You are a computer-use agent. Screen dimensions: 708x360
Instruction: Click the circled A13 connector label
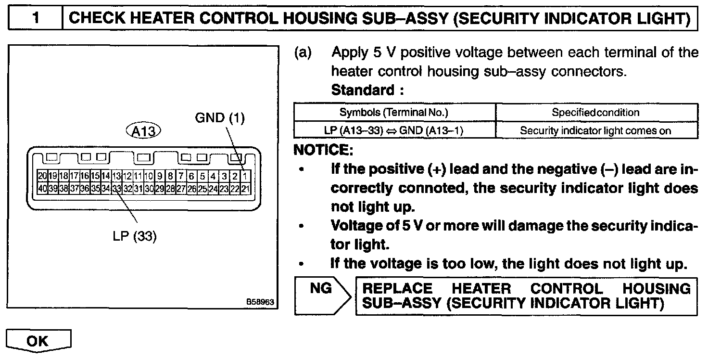click(x=143, y=131)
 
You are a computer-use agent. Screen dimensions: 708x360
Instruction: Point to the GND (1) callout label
click(x=220, y=117)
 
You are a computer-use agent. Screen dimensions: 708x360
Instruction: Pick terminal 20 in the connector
click(x=43, y=176)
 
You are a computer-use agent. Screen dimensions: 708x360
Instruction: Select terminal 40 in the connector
click(x=43, y=188)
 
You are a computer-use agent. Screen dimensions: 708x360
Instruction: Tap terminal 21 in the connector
click(x=245, y=188)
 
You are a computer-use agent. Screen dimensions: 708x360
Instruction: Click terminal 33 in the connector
click(x=116, y=188)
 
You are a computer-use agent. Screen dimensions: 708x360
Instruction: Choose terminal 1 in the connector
click(x=245, y=176)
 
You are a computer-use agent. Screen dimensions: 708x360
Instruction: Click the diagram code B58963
click(x=260, y=302)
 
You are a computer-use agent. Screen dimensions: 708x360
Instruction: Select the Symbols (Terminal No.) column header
click(x=394, y=113)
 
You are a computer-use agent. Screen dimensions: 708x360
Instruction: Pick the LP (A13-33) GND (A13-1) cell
click(x=394, y=130)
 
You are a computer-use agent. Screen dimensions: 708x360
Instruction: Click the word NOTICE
click(x=323, y=150)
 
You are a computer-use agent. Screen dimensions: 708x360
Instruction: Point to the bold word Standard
click(x=363, y=90)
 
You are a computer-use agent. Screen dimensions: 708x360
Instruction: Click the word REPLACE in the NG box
click(x=397, y=289)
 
